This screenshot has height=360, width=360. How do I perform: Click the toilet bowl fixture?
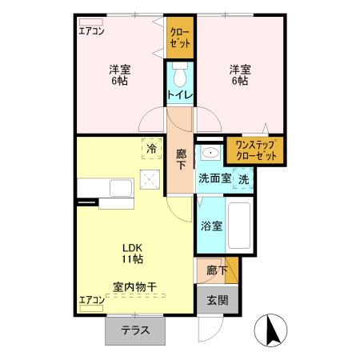[x=180, y=78]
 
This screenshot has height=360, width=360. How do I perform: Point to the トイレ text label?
[x=179, y=95]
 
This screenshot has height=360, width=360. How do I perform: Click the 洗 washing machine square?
[x=244, y=179]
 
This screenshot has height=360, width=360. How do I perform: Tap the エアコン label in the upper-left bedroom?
[x=91, y=32]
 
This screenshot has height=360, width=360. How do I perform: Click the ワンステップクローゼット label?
[x=254, y=150]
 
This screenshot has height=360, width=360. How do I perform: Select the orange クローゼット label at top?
[x=180, y=38]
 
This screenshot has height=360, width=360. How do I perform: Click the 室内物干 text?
[x=134, y=286]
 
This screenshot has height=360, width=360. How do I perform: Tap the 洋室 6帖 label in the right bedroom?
[x=240, y=74]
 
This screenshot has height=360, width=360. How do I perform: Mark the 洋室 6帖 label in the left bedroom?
[x=120, y=74]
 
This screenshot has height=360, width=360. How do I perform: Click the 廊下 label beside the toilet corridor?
[x=180, y=157]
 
